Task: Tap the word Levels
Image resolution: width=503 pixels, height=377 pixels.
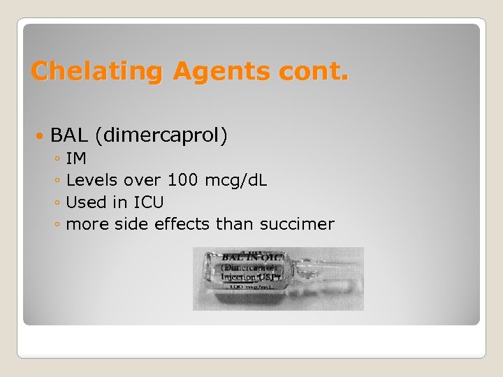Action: pyautogui.click(x=92, y=180)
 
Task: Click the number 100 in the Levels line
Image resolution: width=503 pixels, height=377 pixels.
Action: pyautogui.click(x=183, y=180)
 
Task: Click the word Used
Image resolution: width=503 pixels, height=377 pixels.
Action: pyautogui.click(x=85, y=202)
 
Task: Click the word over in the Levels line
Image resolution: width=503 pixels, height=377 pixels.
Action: pyautogui.click(x=142, y=180)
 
